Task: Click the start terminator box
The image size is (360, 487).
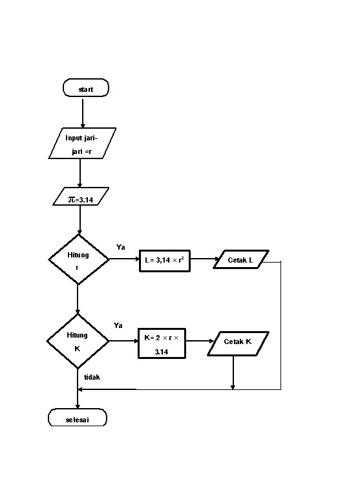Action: tap(86, 88)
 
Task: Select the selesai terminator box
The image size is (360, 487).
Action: tap(78, 419)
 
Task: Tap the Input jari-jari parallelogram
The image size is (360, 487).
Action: tap(82, 144)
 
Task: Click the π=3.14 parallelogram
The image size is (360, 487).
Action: tap(81, 197)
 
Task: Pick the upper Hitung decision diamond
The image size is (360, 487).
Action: tap(79, 259)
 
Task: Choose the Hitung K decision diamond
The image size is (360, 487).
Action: tap(77, 341)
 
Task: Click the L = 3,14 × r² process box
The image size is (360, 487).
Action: tap(166, 260)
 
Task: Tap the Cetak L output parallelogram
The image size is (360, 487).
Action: tap(242, 260)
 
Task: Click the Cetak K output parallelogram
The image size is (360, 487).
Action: tap(238, 342)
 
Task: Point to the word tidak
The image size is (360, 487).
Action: tap(92, 376)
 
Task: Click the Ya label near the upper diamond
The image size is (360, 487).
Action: tap(121, 247)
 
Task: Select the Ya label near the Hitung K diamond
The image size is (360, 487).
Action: tap(118, 325)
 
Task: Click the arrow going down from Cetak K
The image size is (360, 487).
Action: tap(233, 373)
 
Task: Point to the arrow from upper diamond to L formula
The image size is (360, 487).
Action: tap(125, 260)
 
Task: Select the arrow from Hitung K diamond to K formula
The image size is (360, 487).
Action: tap(123, 341)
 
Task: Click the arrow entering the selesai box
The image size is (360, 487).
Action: tap(78, 400)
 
